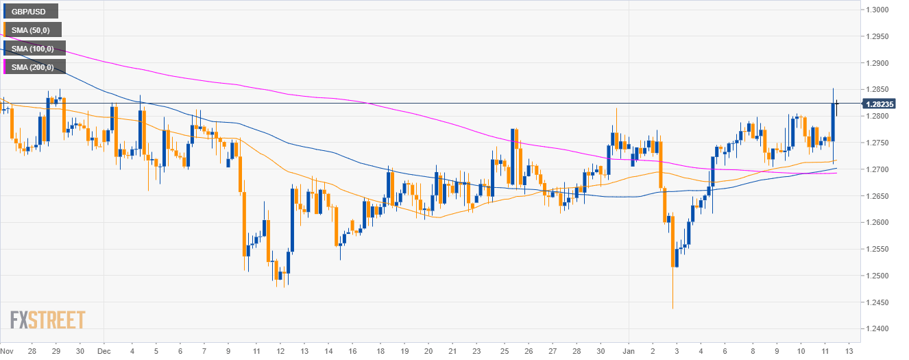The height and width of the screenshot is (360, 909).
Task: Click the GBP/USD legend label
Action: (x=31, y=11)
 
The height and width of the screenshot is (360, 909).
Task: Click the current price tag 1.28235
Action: (x=880, y=104)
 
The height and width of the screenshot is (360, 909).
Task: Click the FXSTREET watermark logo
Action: (x=48, y=320)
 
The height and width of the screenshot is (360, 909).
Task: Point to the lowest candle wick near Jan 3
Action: (x=673, y=307)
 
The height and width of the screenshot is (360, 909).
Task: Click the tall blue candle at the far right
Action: (x=832, y=122)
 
